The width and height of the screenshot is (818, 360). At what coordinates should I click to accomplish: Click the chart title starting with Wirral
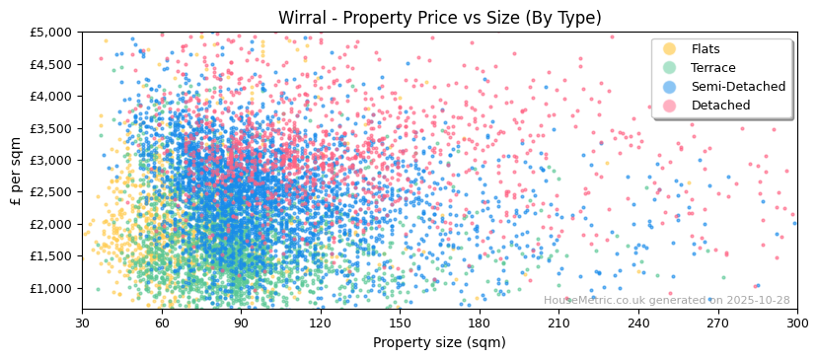point(439,18)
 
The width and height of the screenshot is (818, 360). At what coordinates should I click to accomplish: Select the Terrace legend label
point(713,68)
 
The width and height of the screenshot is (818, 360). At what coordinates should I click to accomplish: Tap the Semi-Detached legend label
point(738,87)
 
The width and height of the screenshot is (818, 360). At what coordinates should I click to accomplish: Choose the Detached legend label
point(720,106)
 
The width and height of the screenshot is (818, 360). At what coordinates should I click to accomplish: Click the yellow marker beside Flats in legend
point(670,49)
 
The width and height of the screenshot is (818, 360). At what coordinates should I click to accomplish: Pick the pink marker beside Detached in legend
point(670,106)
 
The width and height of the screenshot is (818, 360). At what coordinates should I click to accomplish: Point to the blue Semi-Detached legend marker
point(670,87)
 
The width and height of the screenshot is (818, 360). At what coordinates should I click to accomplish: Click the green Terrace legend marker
point(670,68)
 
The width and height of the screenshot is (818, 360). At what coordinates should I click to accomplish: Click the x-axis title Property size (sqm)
point(439,343)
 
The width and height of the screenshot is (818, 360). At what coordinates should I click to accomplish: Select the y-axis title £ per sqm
point(16,171)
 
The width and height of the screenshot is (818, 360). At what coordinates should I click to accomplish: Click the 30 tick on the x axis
point(82,323)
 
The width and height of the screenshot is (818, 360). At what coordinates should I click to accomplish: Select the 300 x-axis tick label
point(797,323)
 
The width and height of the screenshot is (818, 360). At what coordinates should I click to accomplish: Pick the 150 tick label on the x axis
point(400,323)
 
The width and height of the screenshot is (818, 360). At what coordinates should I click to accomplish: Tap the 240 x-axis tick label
point(638,323)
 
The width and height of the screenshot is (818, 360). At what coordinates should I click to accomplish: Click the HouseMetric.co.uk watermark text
point(666,301)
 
